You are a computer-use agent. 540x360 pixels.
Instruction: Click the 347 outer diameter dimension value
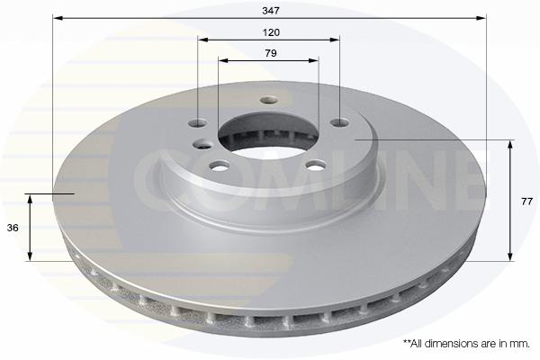click(271, 11)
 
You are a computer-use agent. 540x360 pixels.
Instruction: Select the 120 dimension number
click(271, 32)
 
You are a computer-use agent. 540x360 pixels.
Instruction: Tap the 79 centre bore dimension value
click(271, 53)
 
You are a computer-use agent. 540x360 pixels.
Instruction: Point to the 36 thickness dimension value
click(13, 228)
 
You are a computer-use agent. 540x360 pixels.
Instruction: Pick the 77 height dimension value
click(526, 202)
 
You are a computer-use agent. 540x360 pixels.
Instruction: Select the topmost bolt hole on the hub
click(269, 100)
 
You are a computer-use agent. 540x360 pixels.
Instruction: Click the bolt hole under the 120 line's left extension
click(198, 123)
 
